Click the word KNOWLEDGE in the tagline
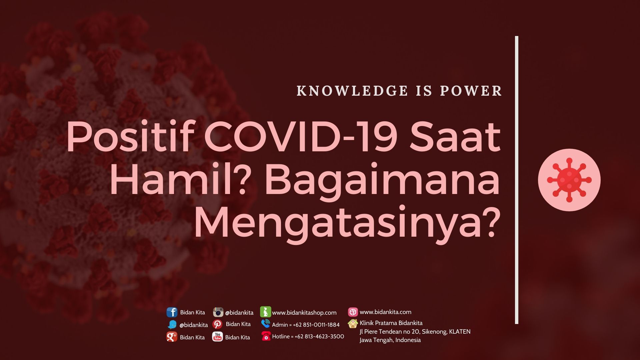click(352, 91)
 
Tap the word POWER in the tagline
click(471, 91)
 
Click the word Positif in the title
click(130, 137)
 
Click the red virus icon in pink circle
click(569, 180)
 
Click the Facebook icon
click(172, 312)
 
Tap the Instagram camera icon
click(218, 312)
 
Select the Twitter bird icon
click(172, 325)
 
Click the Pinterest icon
click(217, 324)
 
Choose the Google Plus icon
click(172, 337)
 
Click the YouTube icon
click(217, 337)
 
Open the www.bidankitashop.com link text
click(304, 313)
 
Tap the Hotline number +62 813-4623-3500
click(319, 337)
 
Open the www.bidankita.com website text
click(386, 312)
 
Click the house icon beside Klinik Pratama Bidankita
click(353, 323)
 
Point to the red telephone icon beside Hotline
click(266, 336)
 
